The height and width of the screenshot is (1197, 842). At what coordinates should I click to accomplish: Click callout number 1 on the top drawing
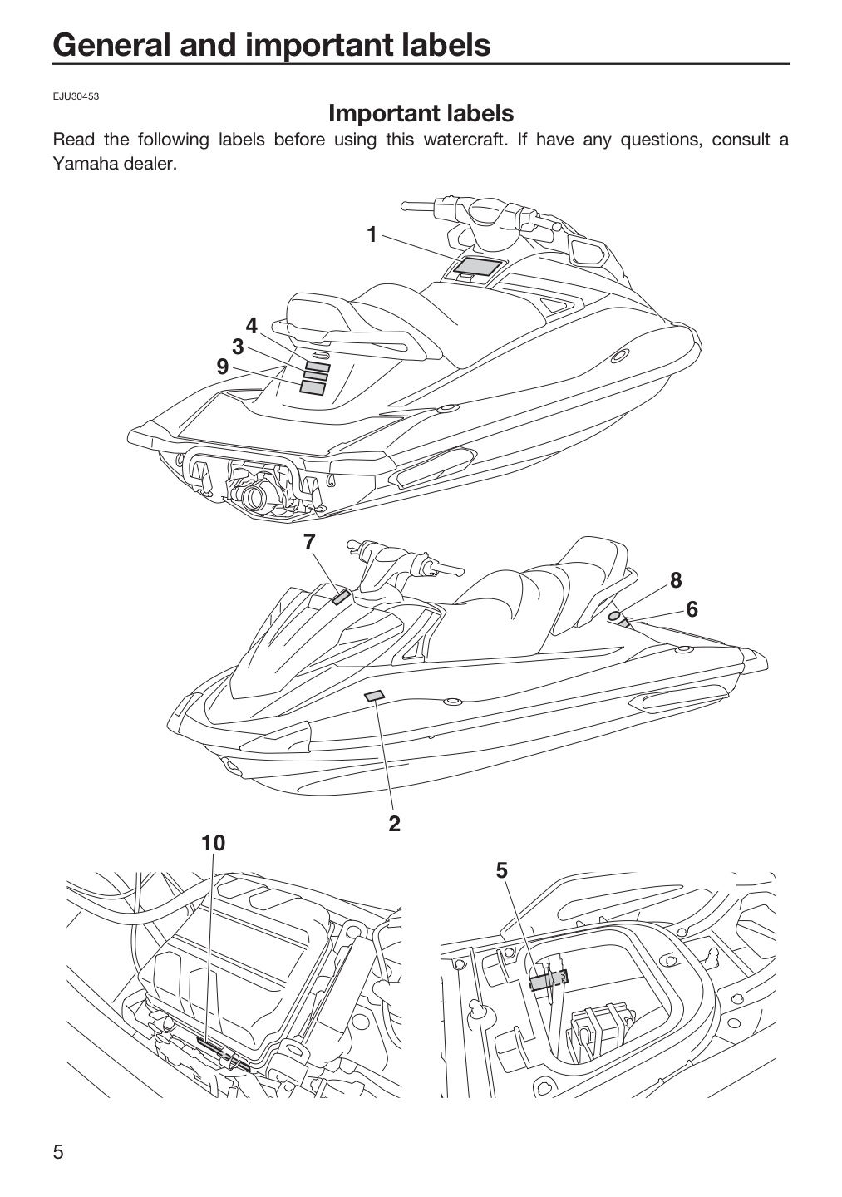click(372, 234)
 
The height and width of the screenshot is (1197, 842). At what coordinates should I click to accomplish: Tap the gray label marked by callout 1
click(479, 266)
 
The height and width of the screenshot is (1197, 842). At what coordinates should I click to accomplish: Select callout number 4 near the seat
click(251, 326)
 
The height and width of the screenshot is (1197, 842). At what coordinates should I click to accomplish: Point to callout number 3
click(238, 347)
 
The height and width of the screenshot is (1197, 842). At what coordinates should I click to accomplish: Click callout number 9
click(222, 367)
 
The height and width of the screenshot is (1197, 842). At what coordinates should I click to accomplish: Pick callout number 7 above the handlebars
click(309, 542)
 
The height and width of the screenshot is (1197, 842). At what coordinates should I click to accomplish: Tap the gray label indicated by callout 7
click(341, 598)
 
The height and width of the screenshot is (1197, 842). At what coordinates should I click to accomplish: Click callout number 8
click(675, 580)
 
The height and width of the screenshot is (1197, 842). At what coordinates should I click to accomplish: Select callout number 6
click(692, 609)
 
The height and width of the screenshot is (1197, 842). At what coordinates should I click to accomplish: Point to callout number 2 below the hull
click(394, 824)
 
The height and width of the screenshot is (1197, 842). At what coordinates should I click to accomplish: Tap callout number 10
click(213, 843)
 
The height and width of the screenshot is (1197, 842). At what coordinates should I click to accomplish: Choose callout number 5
click(501, 870)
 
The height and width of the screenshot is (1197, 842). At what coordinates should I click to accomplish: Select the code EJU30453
click(76, 96)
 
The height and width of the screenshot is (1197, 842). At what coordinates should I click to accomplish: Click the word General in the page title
click(112, 44)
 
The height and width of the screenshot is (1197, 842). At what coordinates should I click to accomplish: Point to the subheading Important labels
click(421, 113)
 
